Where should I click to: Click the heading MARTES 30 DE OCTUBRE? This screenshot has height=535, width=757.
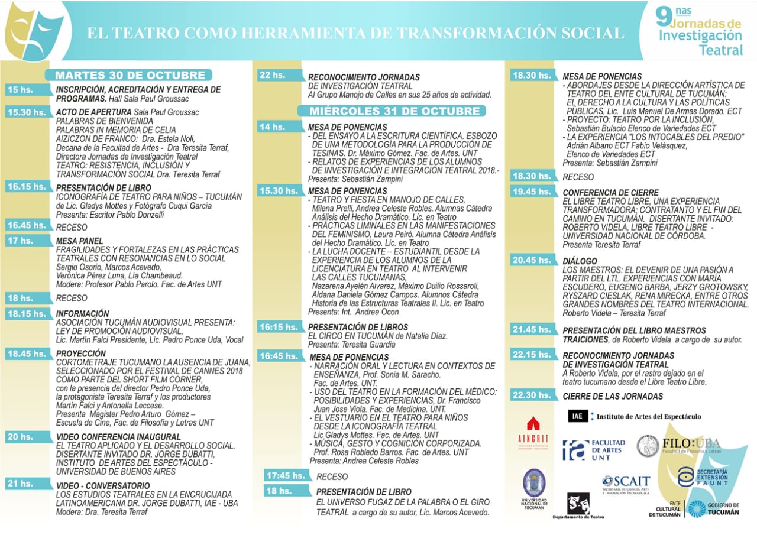130,75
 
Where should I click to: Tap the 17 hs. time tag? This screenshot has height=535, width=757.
21,241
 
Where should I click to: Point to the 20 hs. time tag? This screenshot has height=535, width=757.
21,437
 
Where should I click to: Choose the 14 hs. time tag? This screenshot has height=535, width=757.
273,127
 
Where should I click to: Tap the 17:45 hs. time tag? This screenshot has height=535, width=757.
286,476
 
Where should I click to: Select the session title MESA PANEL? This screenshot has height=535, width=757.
80,241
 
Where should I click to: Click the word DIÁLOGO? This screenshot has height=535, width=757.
580,261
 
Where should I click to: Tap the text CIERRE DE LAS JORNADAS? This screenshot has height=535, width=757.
613,396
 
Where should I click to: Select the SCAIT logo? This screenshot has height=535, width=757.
626,485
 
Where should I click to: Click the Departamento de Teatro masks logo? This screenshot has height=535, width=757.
578,505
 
